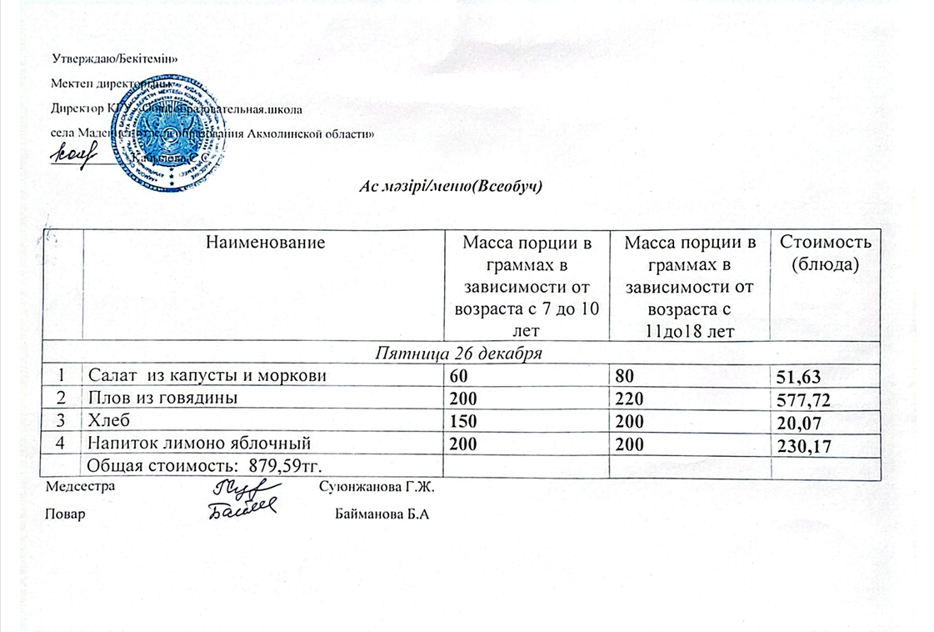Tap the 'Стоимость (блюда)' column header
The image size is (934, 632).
(824, 253)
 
